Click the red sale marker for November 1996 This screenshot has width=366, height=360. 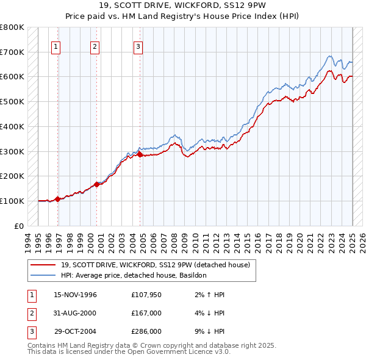pyautogui.click(x=57, y=199)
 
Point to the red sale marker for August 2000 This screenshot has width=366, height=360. pyautogui.click(x=97, y=184)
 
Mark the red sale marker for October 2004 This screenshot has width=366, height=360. pyautogui.click(x=140, y=154)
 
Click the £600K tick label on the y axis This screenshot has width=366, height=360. pyautogui.click(x=12, y=77)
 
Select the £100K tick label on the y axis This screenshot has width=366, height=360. pyautogui.click(x=12, y=201)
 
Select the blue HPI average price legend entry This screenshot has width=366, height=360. pyautogui.click(x=134, y=275)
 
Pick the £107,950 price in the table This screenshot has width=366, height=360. pyautogui.click(x=146, y=295)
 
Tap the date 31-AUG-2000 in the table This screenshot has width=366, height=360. pyautogui.click(x=76, y=313)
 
